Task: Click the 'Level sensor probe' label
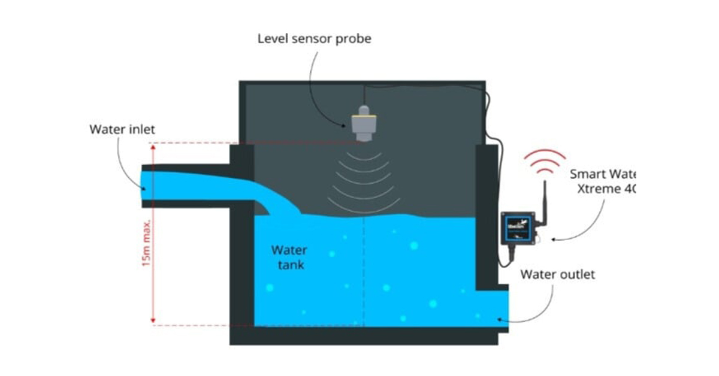(315, 39)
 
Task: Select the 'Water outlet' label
(557, 275)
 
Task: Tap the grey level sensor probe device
(364, 123)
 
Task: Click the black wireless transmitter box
(518, 228)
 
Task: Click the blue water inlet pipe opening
(147, 187)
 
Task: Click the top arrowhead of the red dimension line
(153, 147)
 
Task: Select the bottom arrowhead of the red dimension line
(153, 322)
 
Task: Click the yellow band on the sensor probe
(364, 111)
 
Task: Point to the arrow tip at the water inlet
(144, 189)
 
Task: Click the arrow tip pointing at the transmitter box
(552, 239)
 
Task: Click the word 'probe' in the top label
(354, 40)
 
